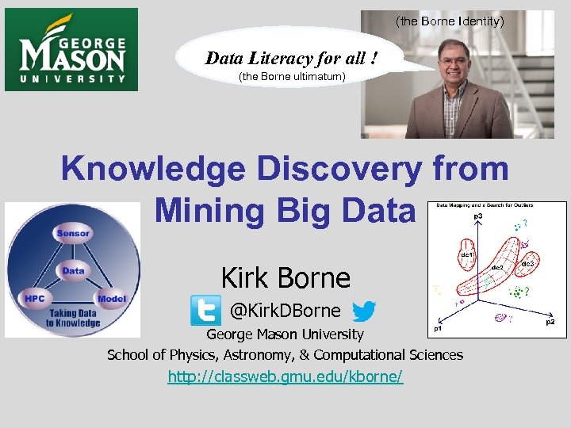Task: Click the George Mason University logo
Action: tap(71, 50)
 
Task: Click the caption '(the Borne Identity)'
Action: tap(449, 21)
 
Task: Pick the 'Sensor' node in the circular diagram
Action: tap(73, 233)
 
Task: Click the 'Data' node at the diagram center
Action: tap(73, 270)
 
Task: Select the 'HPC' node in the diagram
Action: tap(34, 299)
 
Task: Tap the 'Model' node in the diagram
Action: tap(112, 299)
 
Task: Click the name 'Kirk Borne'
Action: tap(285, 278)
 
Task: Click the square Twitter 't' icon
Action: tap(205, 310)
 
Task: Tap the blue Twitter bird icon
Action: tap(364, 310)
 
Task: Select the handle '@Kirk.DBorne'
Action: tap(285, 311)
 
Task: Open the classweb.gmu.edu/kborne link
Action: tap(285, 376)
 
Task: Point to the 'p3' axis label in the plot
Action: tap(479, 216)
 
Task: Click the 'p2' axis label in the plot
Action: tap(549, 323)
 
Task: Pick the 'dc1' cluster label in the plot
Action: tap(467, 255)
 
